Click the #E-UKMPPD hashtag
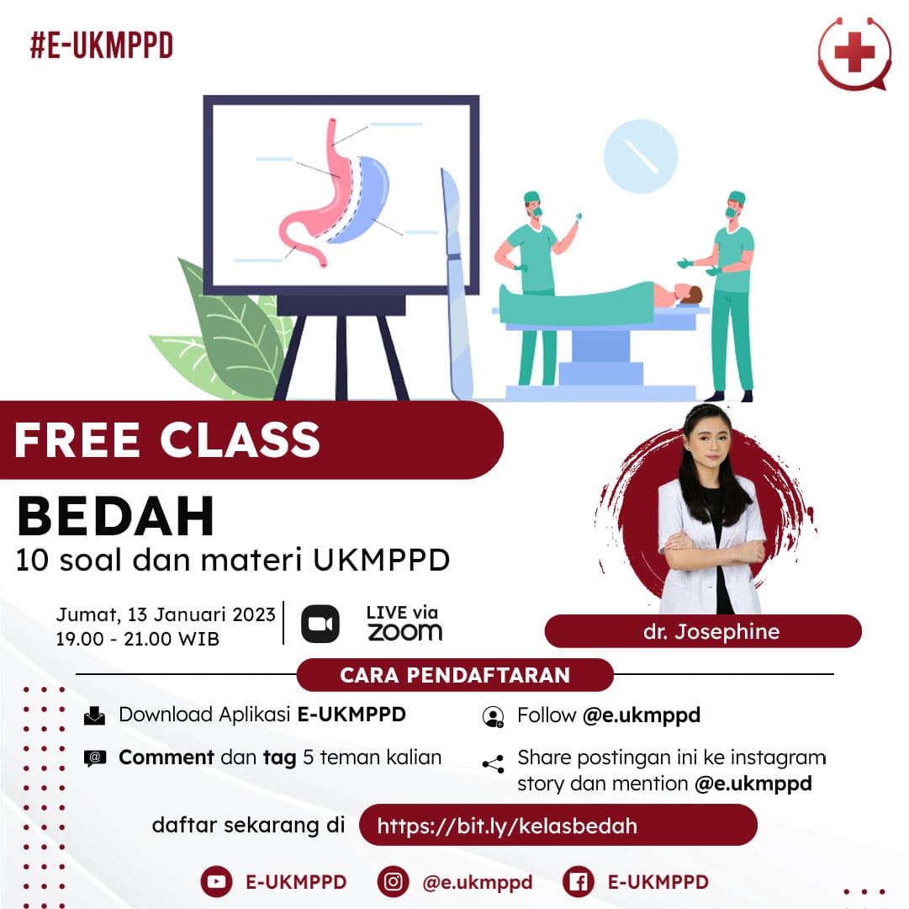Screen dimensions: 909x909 click(x=101, y=45)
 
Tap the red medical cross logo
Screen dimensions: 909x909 click(x=854, y=53)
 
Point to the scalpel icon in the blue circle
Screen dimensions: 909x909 click(x=641, y=157)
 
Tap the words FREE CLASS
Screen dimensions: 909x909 click(x=167, y=439)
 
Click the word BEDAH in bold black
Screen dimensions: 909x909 click(x=116, y=517)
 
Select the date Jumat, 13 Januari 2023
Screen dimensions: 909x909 click(x=166, y=614)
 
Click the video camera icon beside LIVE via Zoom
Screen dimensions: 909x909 click(x=320, y=624)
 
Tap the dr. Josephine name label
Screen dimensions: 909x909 click(x=703, y=631)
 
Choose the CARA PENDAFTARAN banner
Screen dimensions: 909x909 click(x=455, y=675)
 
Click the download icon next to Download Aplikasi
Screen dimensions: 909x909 click(x=95, y=716)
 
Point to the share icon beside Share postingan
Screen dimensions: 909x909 click(x=493, y=764)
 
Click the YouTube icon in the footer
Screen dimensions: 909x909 click(x=216, y=881)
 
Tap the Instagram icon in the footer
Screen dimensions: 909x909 click(x=393, y=881)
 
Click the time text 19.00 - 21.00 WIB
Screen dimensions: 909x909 click(x=138, y=639)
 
